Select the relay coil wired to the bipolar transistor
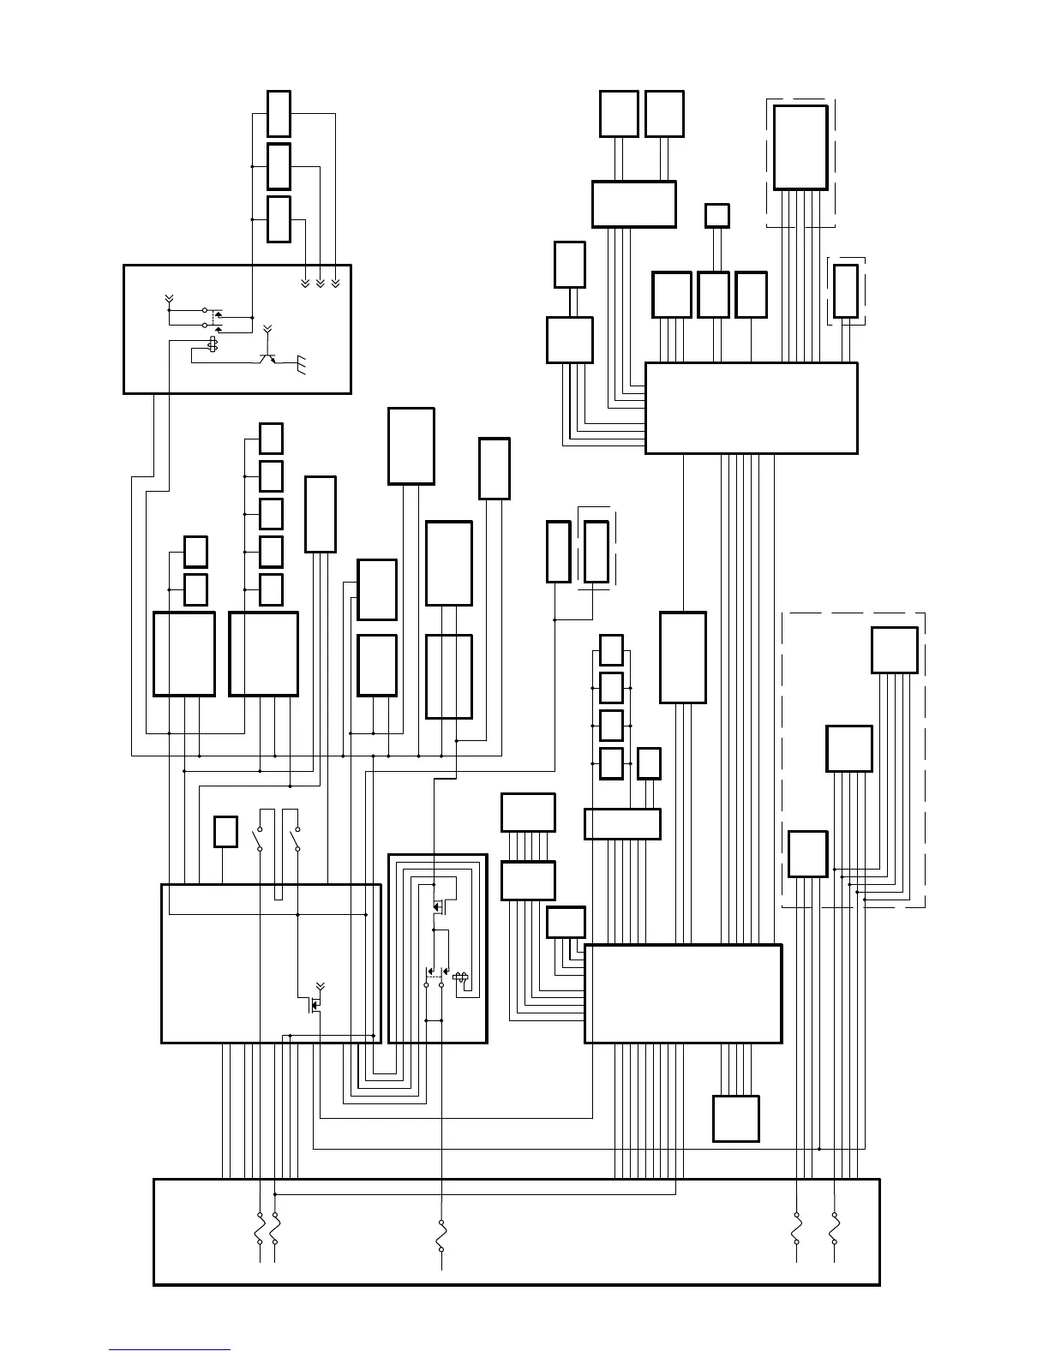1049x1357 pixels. coord(213,345)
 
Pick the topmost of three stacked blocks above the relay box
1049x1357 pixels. coord(279,113)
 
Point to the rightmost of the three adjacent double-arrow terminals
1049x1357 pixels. coord(335,283)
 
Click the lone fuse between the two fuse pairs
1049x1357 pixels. coord(441,1235)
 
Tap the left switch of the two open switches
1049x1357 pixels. coord(259,839)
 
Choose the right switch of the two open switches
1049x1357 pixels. coord(297,839)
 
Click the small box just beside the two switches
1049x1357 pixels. coord(225,832)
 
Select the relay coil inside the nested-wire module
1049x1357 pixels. coord(459,977)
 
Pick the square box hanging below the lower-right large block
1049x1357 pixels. coord(735,1118)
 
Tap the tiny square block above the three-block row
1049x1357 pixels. coord(716,215)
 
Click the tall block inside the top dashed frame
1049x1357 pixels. coord(800,147)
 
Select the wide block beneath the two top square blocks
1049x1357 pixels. coord(633,204)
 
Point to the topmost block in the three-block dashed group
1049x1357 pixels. coord(894,650)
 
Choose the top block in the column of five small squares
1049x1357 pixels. coord(271,438)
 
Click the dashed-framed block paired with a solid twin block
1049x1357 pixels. coord(596,552)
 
